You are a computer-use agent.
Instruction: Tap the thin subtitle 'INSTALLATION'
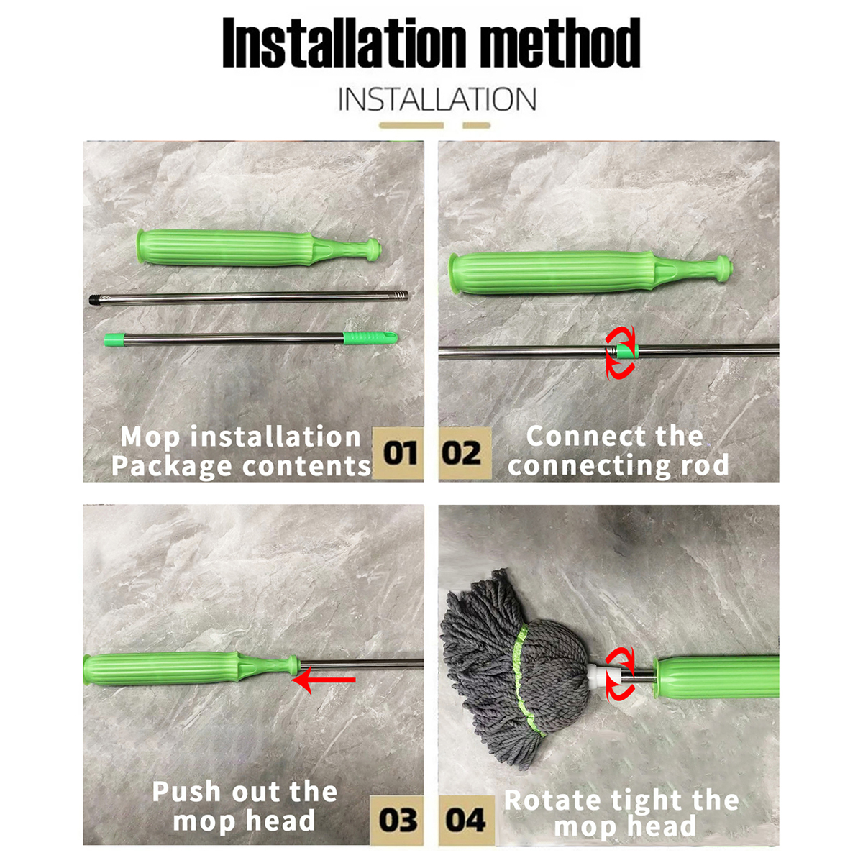[x=437, y=99]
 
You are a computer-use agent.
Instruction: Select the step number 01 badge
[x=399, y=454]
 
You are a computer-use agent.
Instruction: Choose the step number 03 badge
[x=397, y=820]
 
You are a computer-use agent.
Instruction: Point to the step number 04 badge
[x=465, y=820]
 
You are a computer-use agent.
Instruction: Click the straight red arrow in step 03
[x=326, y=680]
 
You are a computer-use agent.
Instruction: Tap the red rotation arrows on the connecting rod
[x=620, y=352]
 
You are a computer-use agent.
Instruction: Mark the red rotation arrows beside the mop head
[x=620, y=673]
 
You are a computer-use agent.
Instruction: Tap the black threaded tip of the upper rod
[x=98, y=300]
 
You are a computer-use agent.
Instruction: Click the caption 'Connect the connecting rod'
[x=617, y=451]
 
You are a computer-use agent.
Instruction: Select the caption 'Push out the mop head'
[x=245, y=806]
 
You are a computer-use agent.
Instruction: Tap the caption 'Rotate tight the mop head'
[x=622, y=813]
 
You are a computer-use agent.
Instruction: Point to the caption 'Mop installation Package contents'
[x=241, y=452]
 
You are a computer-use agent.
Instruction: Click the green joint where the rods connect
[x=627, y=351]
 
